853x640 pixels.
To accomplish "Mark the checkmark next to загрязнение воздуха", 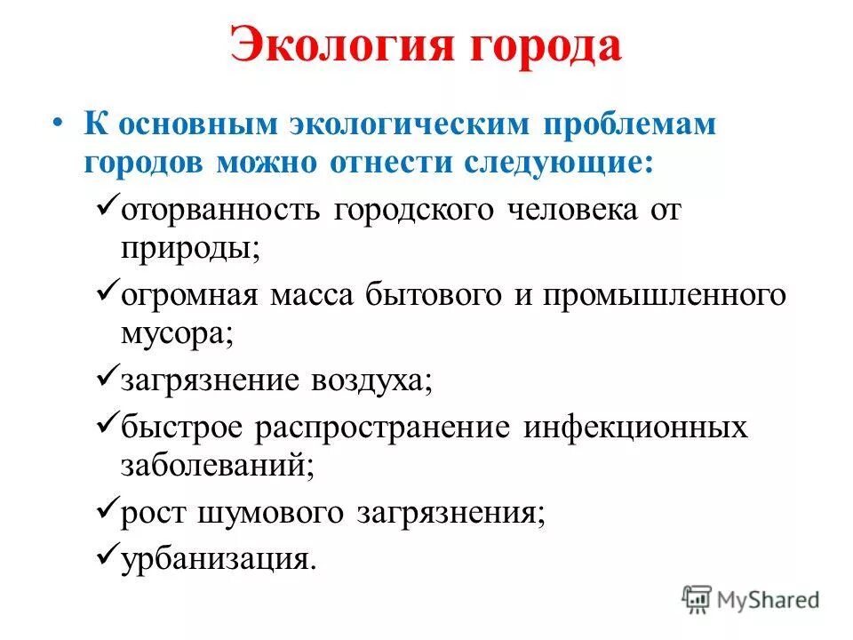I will click(105, 379).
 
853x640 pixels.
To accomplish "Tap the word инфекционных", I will click(634, 428).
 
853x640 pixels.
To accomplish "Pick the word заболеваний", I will click(218, 466).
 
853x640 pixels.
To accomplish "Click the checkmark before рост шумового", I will click(105, 509).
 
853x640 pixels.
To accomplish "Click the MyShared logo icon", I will click(698, 599).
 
